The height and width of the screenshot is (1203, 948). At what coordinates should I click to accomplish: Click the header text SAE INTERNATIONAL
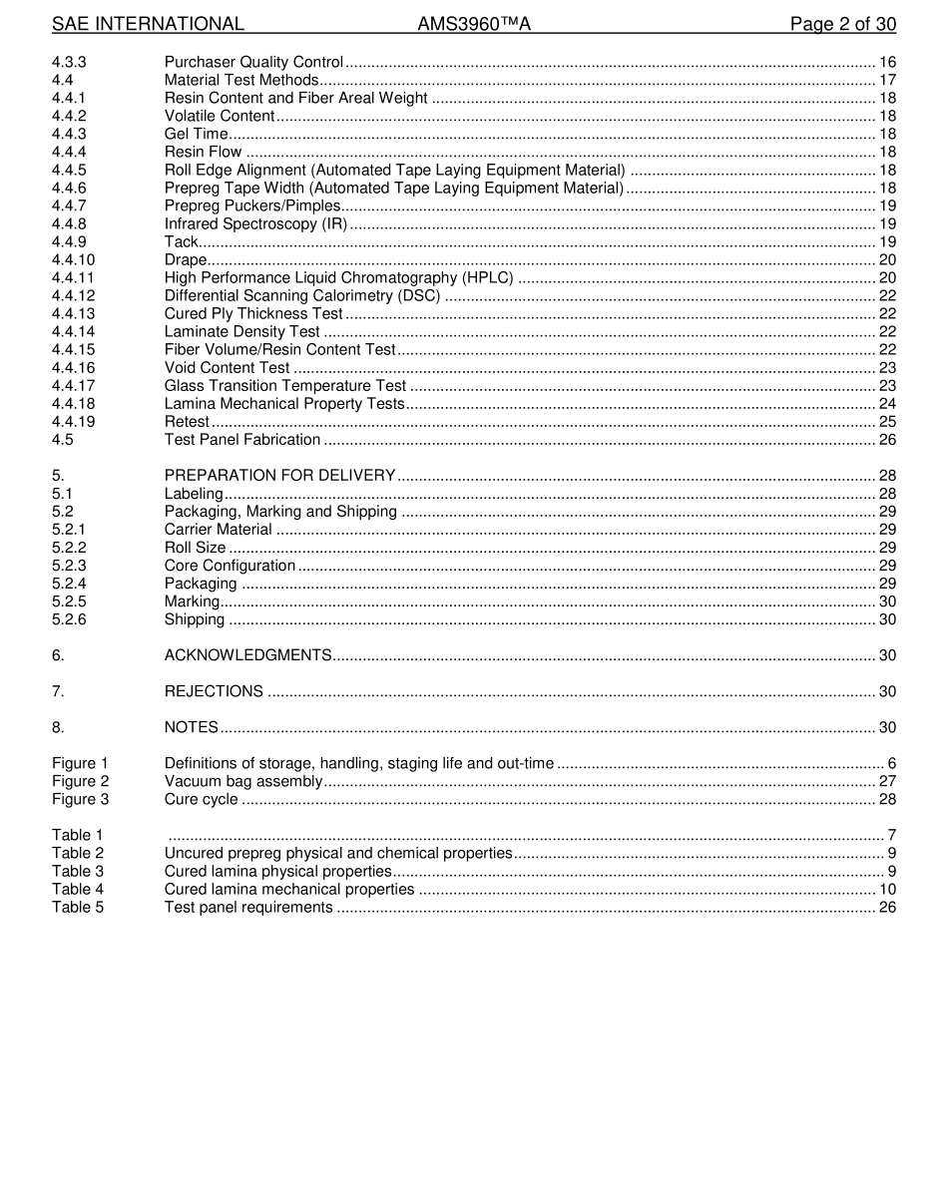pos(148,24)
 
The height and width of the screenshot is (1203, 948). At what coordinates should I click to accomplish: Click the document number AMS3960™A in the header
pos(474,24)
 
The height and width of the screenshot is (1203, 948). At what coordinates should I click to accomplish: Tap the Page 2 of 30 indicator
pos(842,24)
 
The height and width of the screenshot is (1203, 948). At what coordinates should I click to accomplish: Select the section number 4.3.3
pos(69,62)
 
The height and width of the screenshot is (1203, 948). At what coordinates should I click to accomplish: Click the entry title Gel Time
pos(196,134)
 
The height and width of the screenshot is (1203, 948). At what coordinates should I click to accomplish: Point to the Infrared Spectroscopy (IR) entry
pos(255,223)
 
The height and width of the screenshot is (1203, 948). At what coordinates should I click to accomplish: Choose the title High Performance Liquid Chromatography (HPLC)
pos(339,277)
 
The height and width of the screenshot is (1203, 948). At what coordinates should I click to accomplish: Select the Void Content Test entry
pos(227,367)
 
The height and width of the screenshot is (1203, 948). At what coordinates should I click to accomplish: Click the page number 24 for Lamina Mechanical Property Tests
pos(887,403)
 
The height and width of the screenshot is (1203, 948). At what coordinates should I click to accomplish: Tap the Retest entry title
pos(187,421)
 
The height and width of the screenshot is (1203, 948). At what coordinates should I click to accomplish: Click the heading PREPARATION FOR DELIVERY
pos(279,475)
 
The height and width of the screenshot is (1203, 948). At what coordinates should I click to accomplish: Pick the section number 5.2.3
pos(69,565)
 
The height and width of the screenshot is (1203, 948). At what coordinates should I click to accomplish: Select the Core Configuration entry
pos(230,565)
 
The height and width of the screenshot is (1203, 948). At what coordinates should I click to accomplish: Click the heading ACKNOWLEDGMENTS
pos(247,654)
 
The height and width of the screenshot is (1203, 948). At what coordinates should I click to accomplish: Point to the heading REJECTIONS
pos(214,691)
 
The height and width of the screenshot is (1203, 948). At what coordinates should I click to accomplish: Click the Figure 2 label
pos(80,781)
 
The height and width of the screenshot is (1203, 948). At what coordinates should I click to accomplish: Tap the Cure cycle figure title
pos(201,799)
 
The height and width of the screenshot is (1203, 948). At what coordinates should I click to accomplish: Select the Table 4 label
pos(78,889)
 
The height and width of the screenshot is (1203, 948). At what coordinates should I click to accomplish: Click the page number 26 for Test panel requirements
pos(887,907)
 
